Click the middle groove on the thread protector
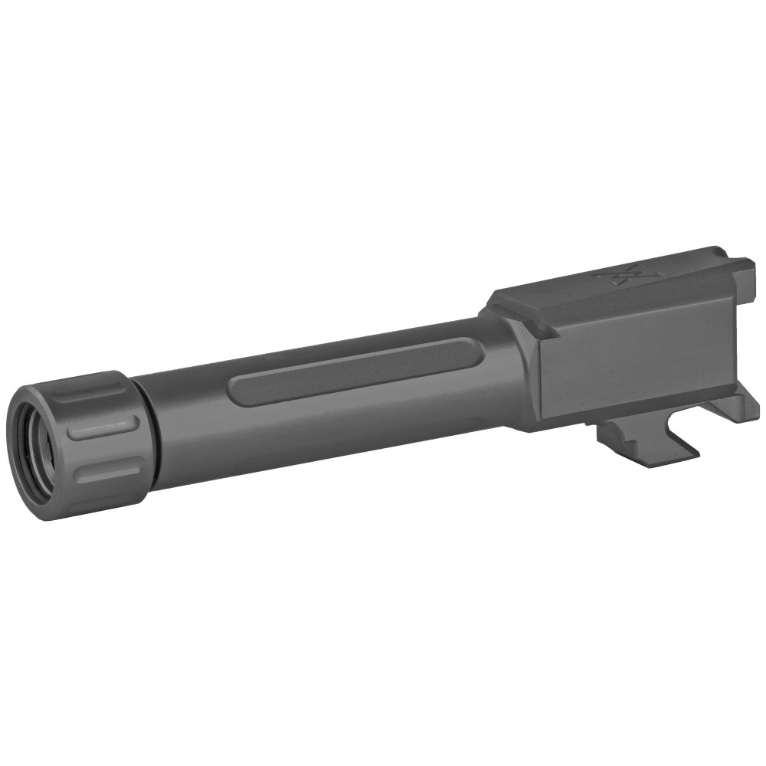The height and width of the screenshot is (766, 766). [x=103, y=429]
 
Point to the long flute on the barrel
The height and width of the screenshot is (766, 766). [x=356, y=371]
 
